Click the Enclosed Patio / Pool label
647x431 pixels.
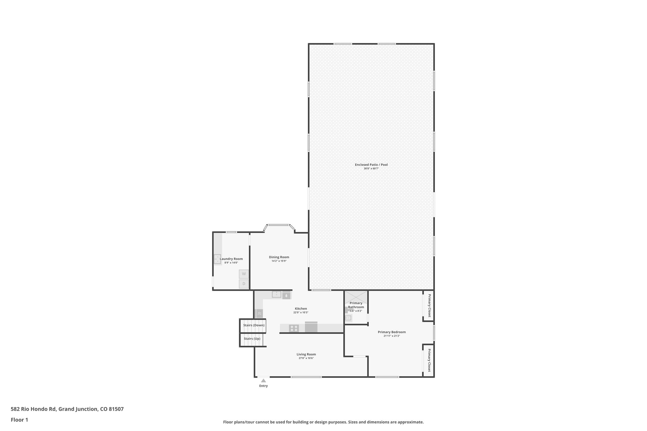click(371, 165)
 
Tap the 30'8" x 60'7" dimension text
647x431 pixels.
click(371, 169)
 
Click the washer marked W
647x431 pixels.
click(244, 274)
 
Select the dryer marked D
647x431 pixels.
click(244, 284)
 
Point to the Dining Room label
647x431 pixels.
click(279, 257)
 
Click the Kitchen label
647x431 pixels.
click(301, 308)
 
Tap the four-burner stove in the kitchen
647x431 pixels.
click(294, 328)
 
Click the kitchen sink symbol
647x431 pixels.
click(276, 295)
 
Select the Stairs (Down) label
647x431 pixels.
click(254, 325)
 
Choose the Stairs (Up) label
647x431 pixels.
click(252, 338)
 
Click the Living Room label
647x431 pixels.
click(306, 354)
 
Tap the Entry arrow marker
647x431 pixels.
click(263, 380)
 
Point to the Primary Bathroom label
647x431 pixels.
click(356, 305)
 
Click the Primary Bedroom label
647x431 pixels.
click(392, 332)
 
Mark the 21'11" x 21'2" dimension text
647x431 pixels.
click(392, 336)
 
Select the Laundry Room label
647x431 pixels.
click(231, 259)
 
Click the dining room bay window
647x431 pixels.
click(279, 225)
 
